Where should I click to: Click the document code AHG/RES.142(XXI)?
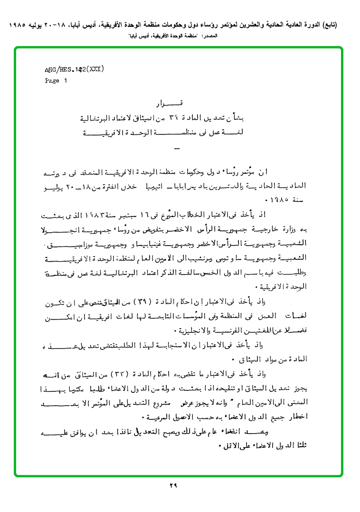click(74, 69)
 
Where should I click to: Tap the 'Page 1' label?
click(56, 81)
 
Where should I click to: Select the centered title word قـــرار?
click(170, 104)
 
